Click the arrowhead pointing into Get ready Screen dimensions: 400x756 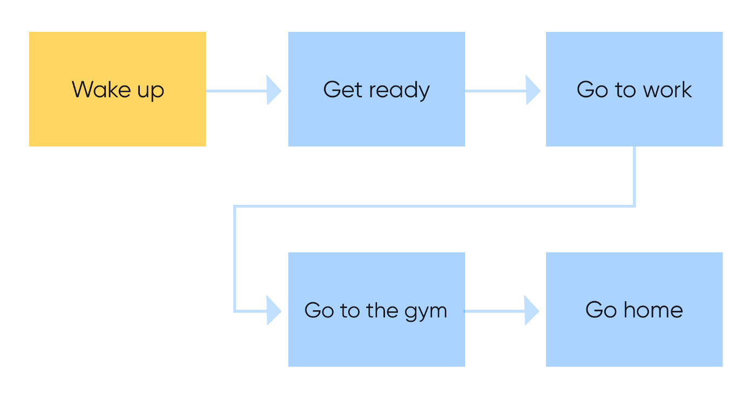274,90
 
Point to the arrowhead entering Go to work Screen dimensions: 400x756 533,90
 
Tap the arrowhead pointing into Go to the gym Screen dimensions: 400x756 274,311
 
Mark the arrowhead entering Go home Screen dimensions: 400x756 532,311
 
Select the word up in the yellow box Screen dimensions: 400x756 151,91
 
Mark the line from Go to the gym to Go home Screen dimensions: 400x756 494,311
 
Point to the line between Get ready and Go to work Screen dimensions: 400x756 495,90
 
